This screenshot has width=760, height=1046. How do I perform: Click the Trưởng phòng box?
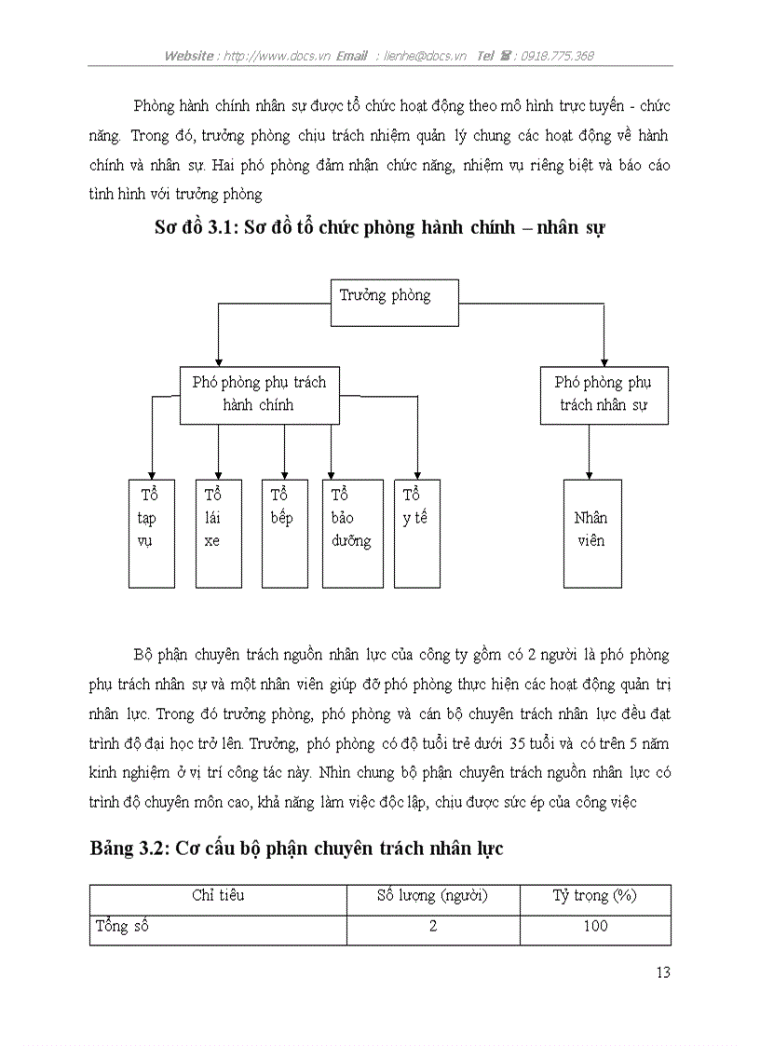(395, 302)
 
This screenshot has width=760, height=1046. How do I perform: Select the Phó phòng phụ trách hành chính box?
(259, 393)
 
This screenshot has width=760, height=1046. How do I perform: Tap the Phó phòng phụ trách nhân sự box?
(604, 394)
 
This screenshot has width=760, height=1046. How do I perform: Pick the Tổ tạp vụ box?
(151, 533)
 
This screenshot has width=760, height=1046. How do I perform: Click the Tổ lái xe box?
(218, 533)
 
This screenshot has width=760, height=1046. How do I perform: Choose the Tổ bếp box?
(284, 533)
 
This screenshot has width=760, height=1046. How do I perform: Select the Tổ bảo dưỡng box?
(352, 533)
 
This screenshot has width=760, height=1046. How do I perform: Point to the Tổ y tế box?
(416, 533)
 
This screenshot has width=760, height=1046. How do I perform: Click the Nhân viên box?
(591, 533)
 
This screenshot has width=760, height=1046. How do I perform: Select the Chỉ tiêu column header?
(218, 896)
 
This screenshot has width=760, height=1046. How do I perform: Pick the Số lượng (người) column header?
(433, 896)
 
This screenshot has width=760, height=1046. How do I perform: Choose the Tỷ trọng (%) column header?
(594, 896)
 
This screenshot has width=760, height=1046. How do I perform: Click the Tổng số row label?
(122, 926)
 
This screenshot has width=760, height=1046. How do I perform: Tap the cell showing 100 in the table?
(594, 926)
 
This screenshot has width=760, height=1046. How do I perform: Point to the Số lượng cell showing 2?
(433, 926)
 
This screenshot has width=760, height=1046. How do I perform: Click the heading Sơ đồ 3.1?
(380, 227)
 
